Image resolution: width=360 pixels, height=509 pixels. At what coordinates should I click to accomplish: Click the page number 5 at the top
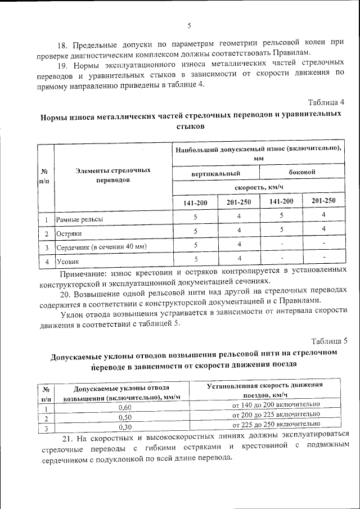190,25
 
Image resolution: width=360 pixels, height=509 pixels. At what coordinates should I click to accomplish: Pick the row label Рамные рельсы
79,219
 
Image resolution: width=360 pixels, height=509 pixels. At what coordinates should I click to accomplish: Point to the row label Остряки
69,233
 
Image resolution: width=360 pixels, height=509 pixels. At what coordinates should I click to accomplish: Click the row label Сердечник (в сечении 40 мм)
101,247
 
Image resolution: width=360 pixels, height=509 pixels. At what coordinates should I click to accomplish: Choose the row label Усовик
67,262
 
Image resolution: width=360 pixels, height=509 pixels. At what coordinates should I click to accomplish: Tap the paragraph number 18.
65,43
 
